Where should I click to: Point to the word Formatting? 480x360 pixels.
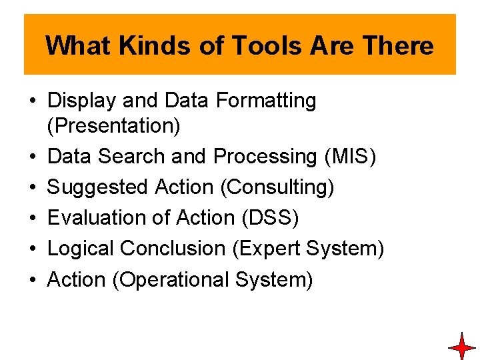(x=266, y=101)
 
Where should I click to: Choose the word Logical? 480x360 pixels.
(x=81, y=249)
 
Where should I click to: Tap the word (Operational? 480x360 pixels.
(x=171, y=279)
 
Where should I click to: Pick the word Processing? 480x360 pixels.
(x=265, y=157)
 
